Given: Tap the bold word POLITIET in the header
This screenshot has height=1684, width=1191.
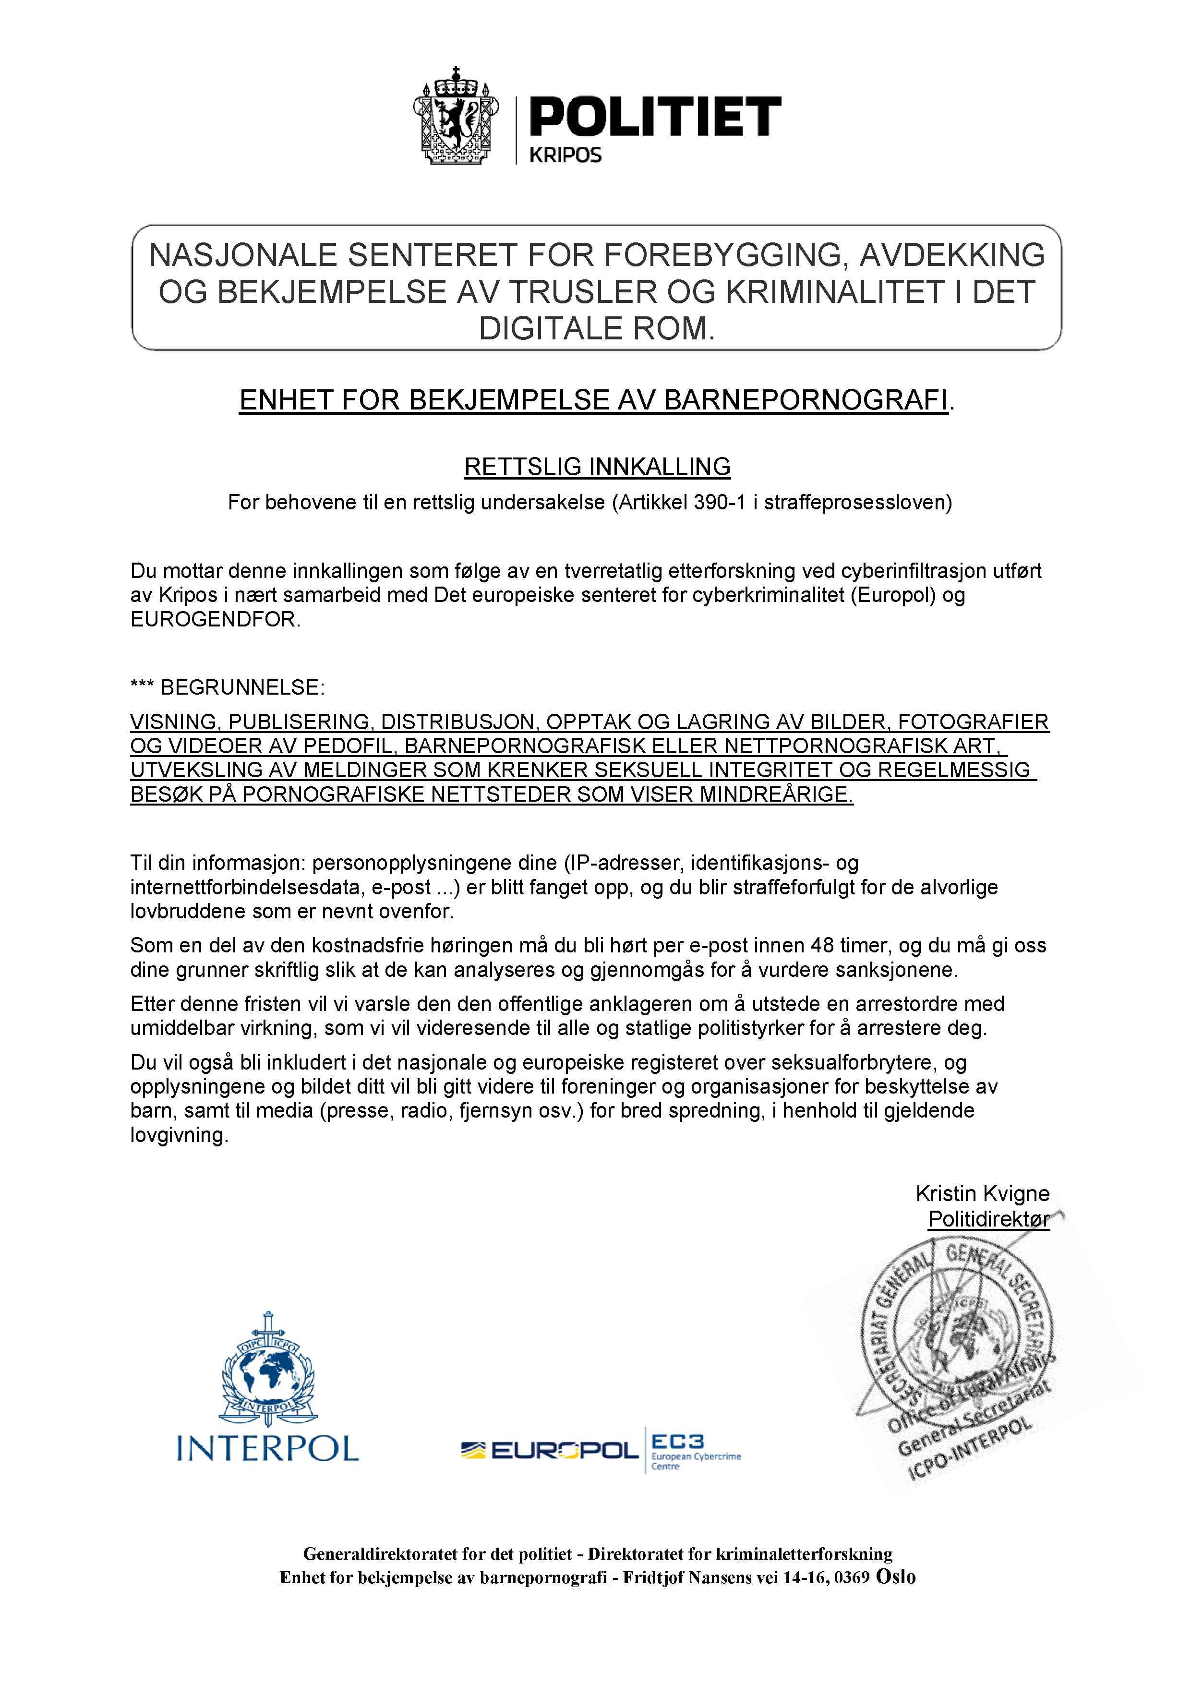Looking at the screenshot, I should point(654,117).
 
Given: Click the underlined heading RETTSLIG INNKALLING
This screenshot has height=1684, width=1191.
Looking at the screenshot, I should point(597,467).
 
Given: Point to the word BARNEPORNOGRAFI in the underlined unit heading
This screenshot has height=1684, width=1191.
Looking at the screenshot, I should point(805,400).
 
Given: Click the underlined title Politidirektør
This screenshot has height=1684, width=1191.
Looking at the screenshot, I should point(988,1219).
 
